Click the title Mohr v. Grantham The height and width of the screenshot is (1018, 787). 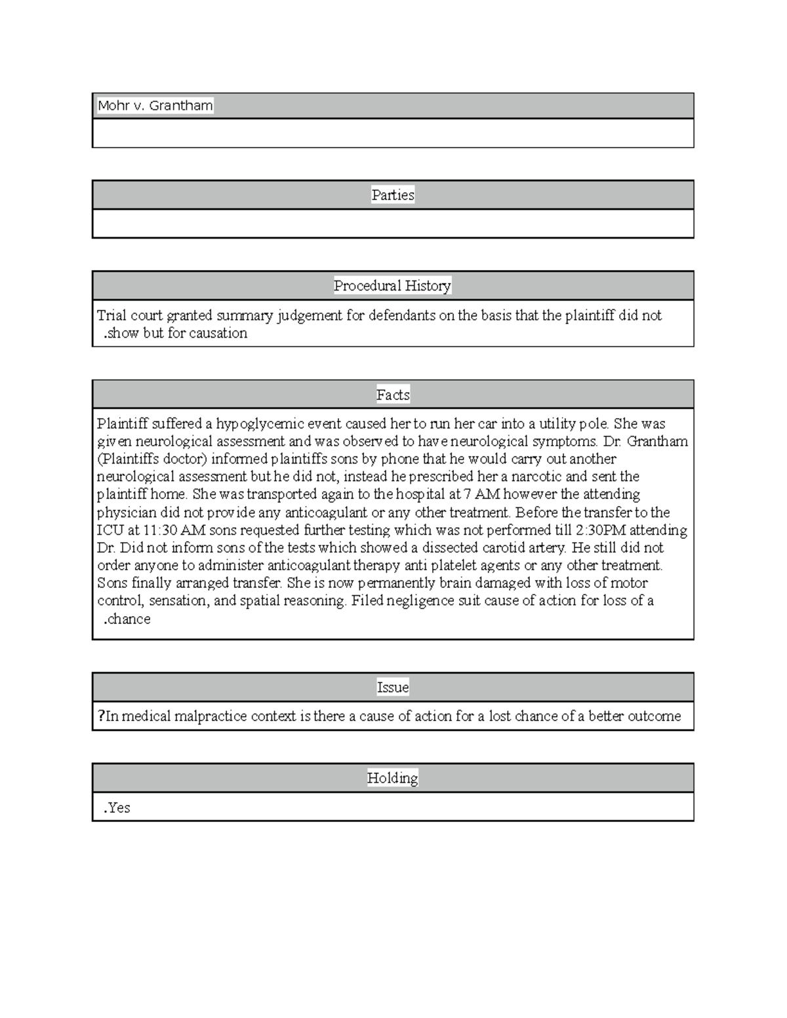(x=155, y=106)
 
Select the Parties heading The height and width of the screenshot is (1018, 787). (x=393, y=195)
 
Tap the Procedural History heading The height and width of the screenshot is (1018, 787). (x=392, y=286)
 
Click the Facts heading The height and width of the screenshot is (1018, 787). (x=393, y=395)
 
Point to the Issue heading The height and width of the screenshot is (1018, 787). (x=393, y=687)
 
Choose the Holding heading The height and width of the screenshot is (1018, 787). (x=392, y=778)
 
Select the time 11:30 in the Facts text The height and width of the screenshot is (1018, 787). (x=160, y=530)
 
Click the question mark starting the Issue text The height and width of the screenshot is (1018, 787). (x=101, y=716)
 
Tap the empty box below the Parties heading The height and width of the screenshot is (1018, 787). (x=393, y=224)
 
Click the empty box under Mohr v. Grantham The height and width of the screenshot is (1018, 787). (x=393, y=133)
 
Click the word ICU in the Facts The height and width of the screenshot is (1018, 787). (x=109, y=530)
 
